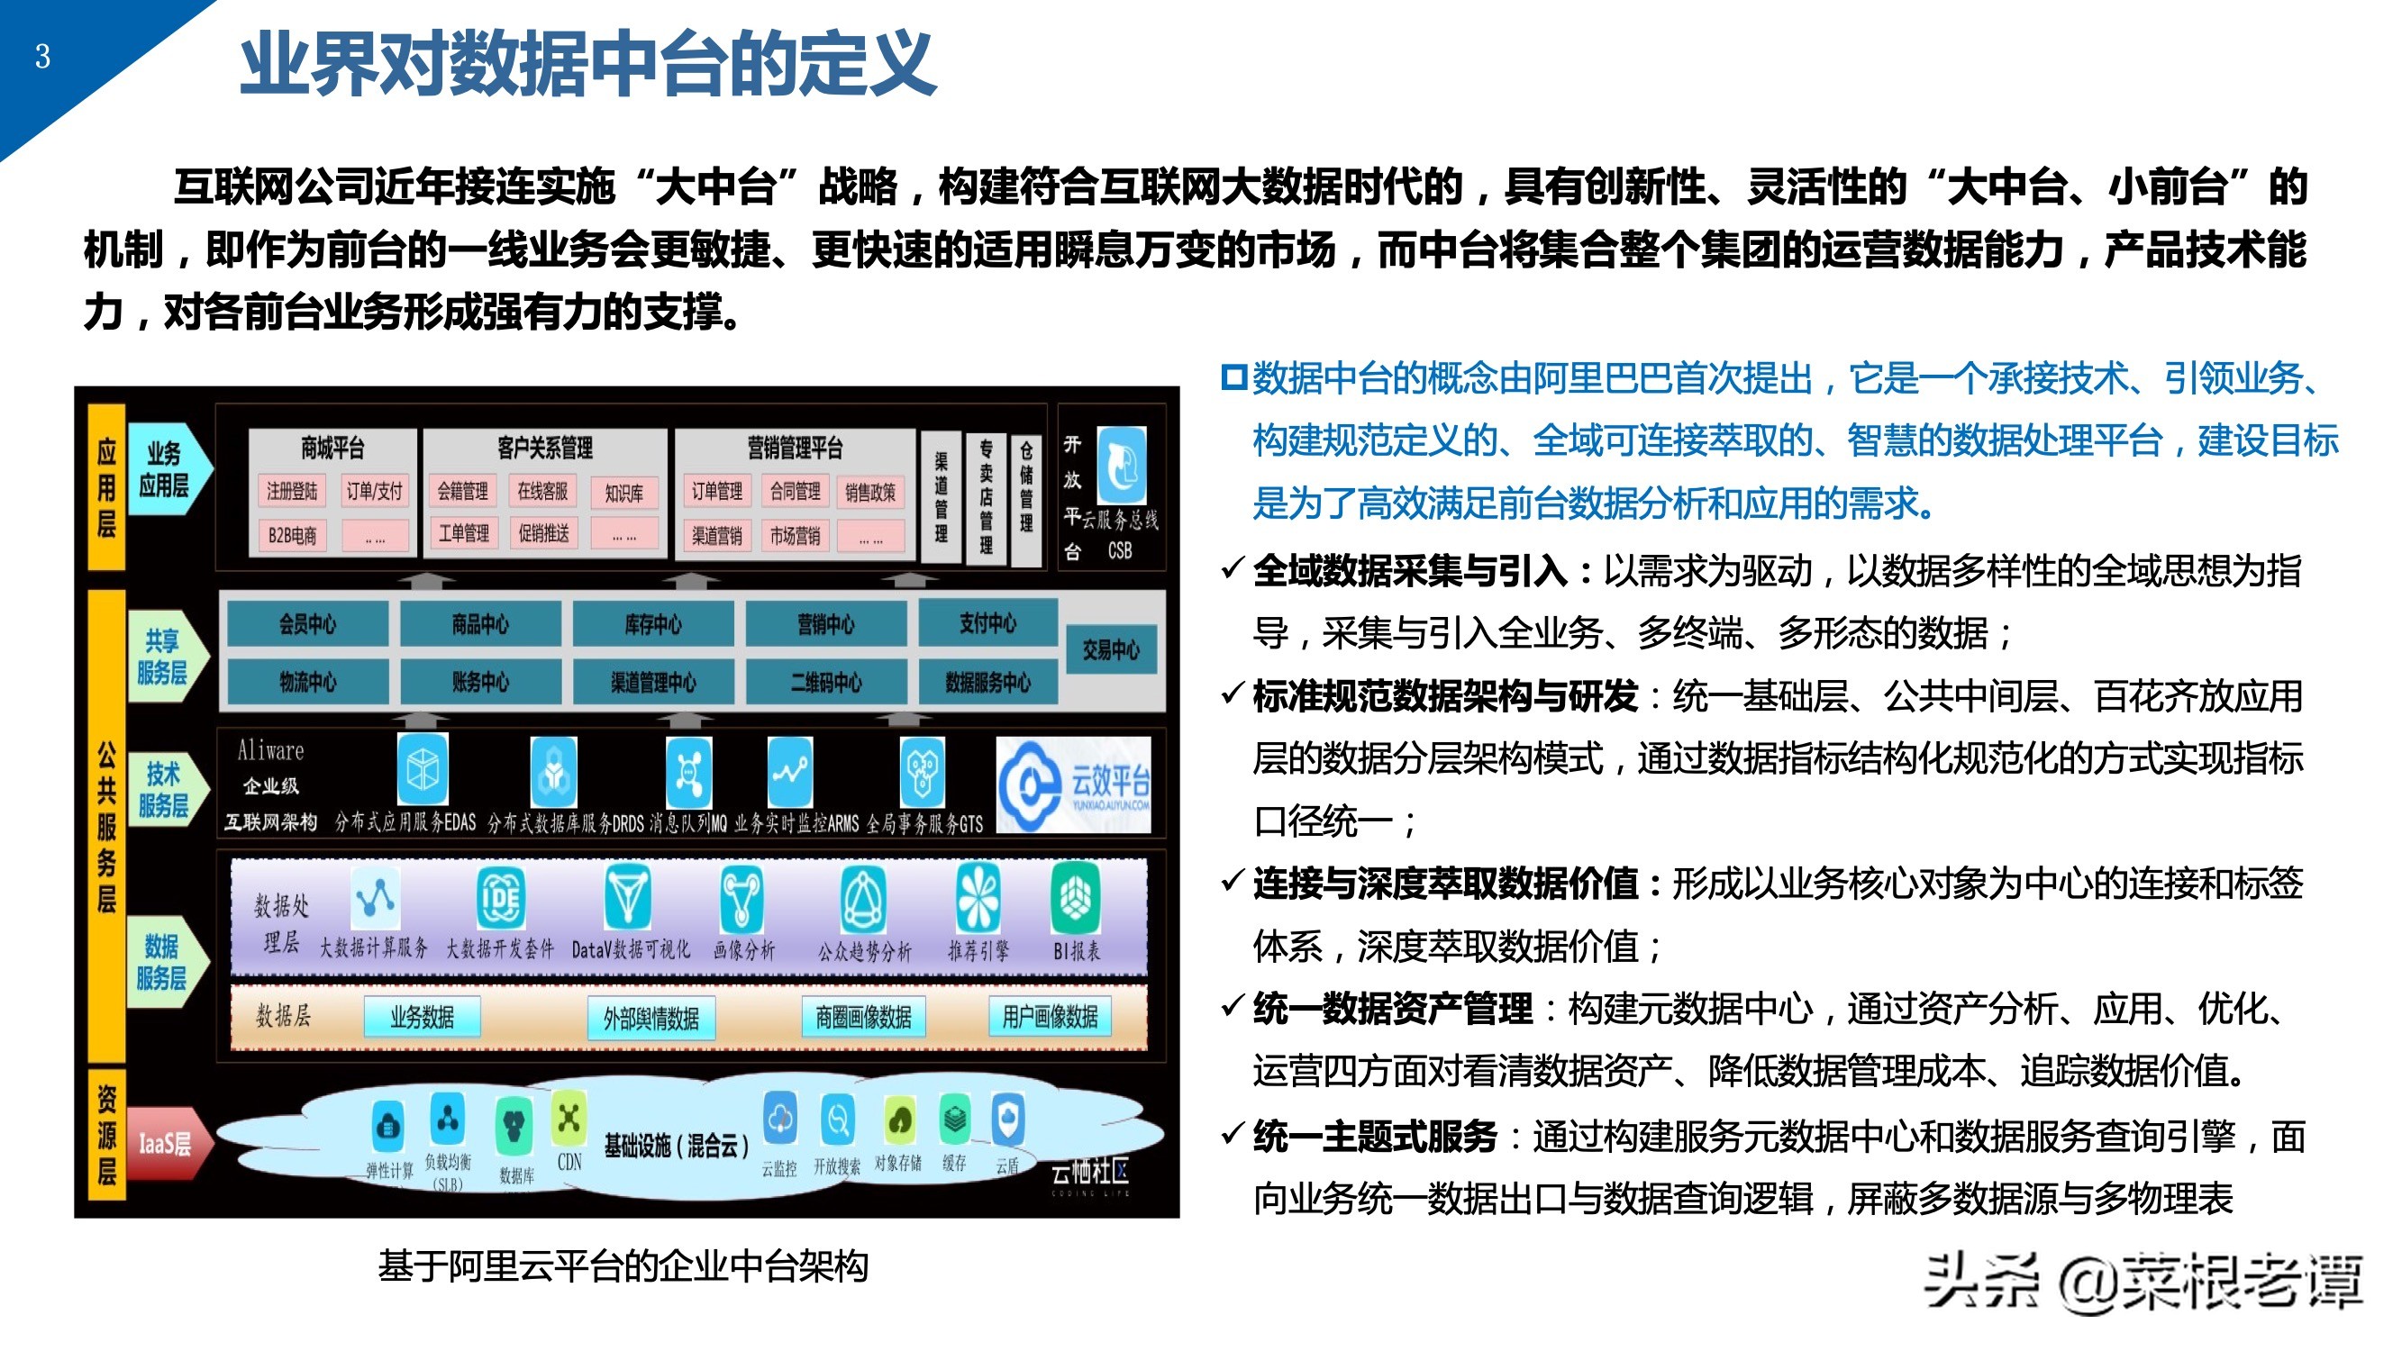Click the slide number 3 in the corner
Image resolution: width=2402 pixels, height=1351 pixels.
[43, 57]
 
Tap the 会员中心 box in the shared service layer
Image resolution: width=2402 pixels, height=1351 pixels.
[308, 624]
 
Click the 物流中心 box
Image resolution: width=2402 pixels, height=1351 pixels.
[308, 683]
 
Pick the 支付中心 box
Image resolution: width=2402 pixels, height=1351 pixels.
[987, 623]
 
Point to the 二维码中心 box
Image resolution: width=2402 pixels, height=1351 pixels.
[826, 683]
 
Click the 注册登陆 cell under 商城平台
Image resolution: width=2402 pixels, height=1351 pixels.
[292, 492]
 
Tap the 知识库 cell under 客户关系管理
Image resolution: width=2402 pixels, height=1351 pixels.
[623, 493]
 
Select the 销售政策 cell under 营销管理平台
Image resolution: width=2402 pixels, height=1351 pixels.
[870, 493]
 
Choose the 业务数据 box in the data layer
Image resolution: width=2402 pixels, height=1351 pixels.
[423, 1016]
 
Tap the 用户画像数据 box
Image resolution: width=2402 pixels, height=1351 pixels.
[1050, 1016]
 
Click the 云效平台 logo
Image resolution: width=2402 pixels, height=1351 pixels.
[1073, 784]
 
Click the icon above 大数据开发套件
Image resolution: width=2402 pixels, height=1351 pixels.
[500, 897]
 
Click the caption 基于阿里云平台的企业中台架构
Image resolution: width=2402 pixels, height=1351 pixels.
[623, 1266]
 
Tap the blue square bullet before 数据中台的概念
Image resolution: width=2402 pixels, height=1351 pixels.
[1233, 377]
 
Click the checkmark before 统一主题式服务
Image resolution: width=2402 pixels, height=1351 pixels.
[1233, 1134]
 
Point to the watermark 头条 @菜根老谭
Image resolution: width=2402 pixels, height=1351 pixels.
[2143, 1283]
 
